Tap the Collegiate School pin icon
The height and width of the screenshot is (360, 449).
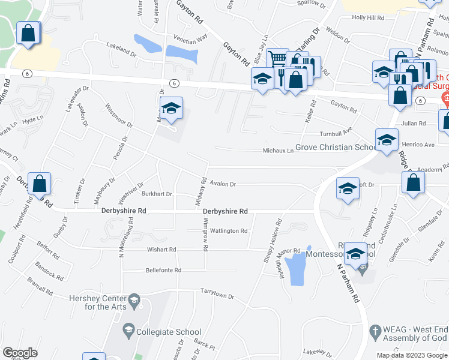(x=127, y=329)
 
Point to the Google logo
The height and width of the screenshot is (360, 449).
(x=20, y=353)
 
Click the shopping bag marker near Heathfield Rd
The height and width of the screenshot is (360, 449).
(x=39, y=184)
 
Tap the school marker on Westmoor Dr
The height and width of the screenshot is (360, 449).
(x=171, y=109)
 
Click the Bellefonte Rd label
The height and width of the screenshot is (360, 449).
(x=163, y=270)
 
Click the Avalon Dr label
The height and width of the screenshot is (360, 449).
(x=223, y=184)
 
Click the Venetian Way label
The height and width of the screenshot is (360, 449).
(x=190, y=37)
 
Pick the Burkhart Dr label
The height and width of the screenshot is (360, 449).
(x=157, y=194)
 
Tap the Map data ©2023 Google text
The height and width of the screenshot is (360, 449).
(x=411, y=355)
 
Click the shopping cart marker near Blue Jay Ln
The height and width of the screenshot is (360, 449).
(x=277, y=59)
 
